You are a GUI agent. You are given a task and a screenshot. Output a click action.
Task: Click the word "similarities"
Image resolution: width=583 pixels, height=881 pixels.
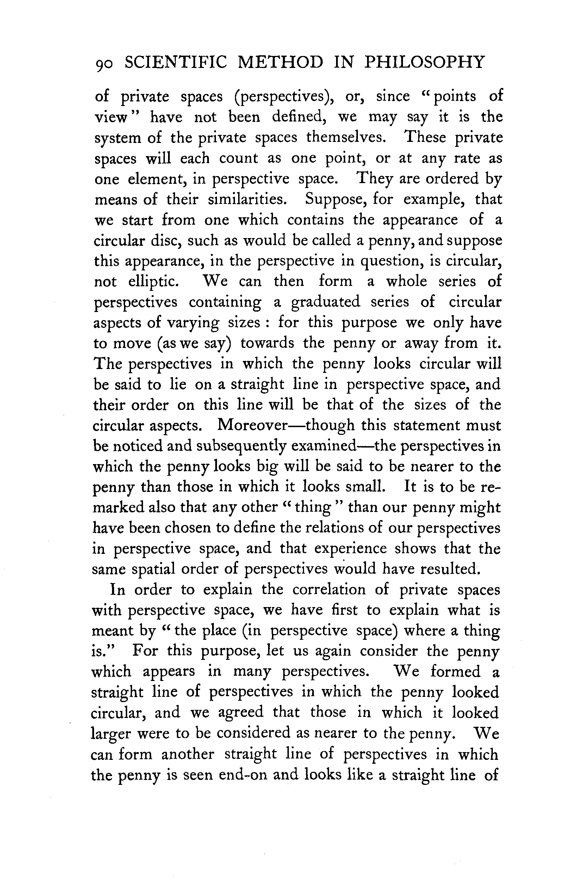247,200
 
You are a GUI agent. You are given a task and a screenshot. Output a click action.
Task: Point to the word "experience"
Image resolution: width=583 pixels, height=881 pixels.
350,549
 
